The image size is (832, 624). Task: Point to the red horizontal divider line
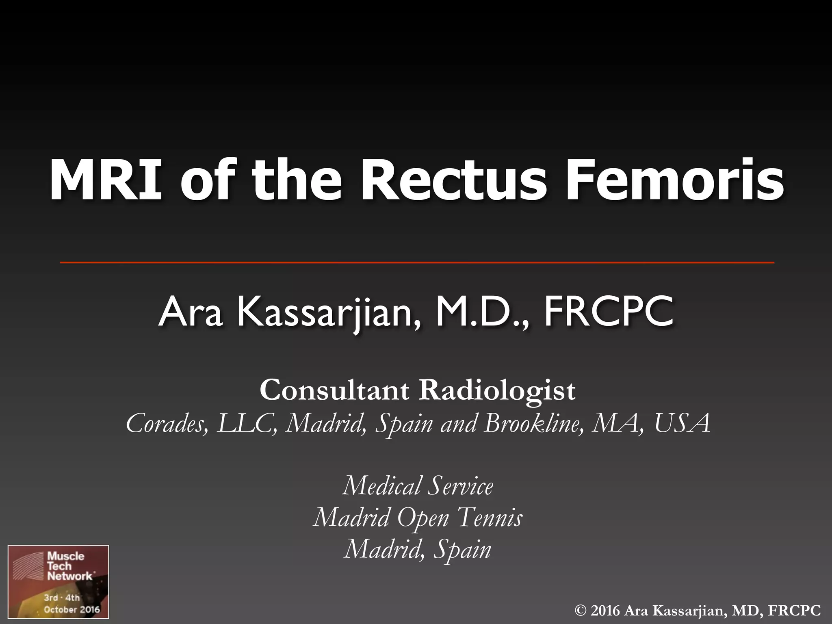tap(417, 263)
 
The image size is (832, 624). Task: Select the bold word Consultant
tap(334, 390)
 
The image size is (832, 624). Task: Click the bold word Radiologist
tap(497, 390)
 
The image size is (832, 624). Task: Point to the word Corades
tap(167, 423)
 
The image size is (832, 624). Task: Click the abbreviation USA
tap(682, 423)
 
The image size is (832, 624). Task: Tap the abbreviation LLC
tap(247, 423)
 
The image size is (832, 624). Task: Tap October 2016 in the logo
tap(71, 609)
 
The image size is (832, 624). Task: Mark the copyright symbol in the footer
tap(581, 610)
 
